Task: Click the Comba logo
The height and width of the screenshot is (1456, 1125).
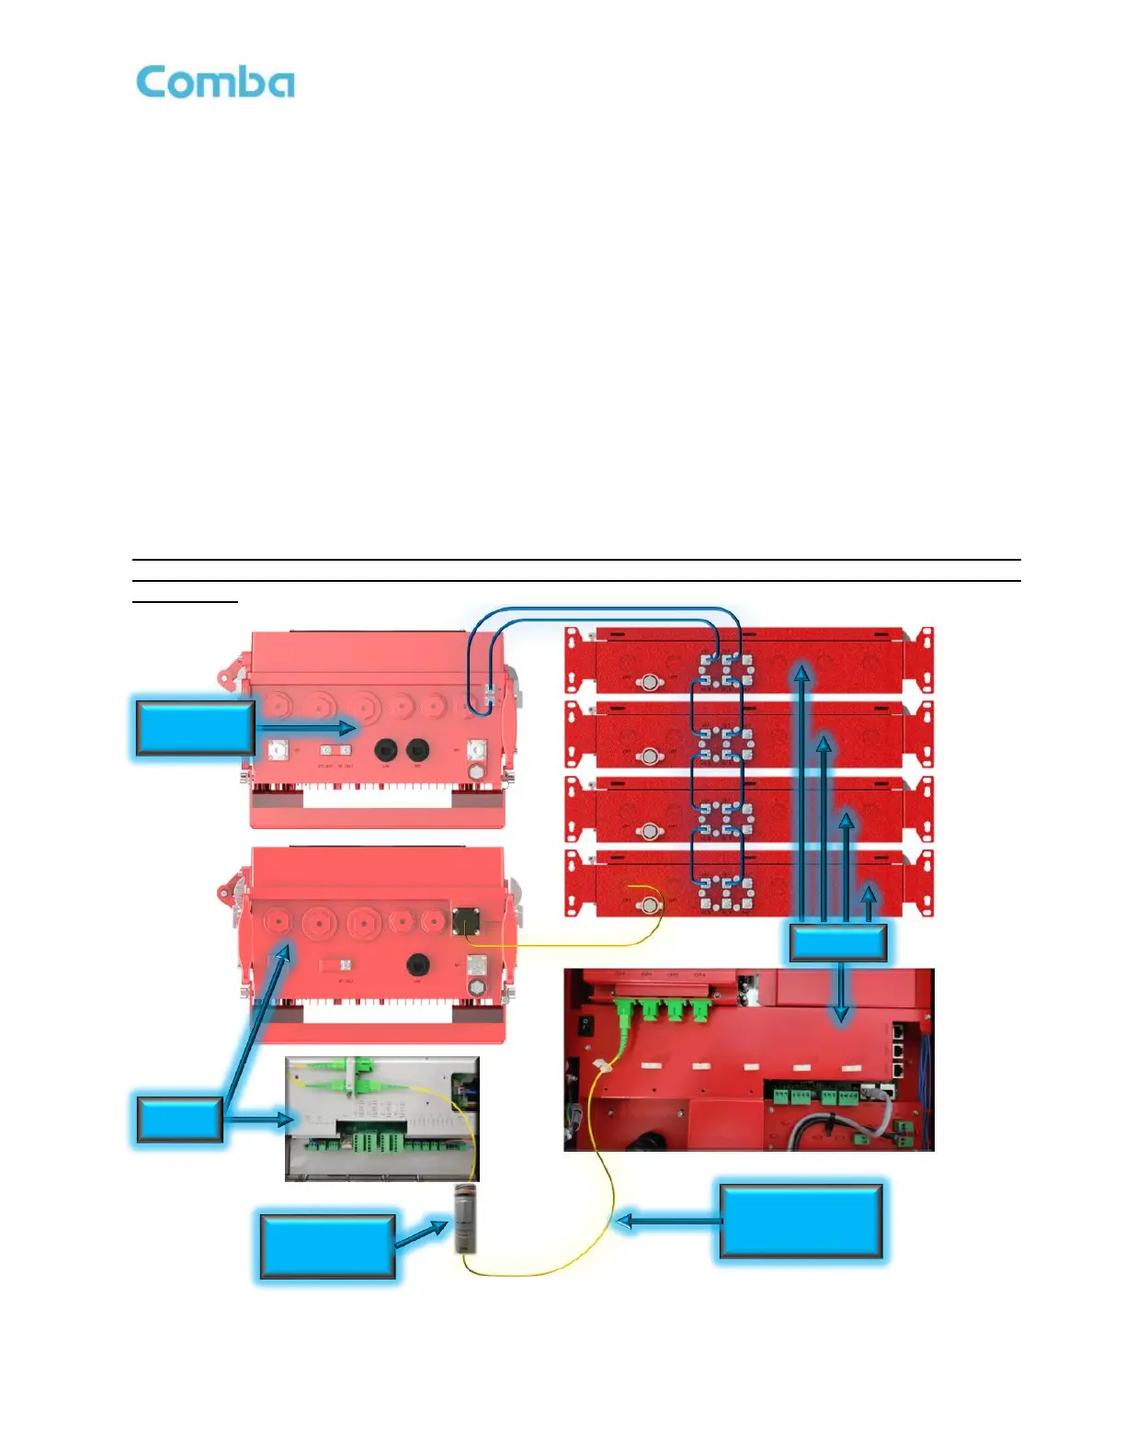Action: [x=215, y=83]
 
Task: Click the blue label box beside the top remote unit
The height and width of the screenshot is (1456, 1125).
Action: [x=195, y=728]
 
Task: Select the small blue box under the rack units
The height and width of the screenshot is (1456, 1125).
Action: [x=838, y=943]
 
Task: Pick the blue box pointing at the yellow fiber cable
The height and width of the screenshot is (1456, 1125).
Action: [x=801, y=1221]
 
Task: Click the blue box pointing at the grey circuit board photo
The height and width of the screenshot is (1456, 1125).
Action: [x=180, y=1119]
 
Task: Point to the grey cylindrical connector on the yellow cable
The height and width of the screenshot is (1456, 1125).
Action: [x=466, y=1218]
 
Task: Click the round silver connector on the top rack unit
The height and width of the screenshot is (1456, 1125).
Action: [x=651, y=681]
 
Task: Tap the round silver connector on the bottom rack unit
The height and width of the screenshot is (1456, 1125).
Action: [x=651, y=904]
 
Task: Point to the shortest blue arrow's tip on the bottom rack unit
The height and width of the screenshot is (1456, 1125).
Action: [x=869, y=892]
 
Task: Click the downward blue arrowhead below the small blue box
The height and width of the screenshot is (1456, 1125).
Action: [x=840, y=1016]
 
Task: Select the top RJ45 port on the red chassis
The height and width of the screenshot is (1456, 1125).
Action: [x=898, y=1032]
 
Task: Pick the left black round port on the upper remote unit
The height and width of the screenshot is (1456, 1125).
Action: [x=386, y=750]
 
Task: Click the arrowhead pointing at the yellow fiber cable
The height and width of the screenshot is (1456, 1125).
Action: [x=622, y=1222]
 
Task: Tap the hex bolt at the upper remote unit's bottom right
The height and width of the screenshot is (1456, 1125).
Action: [x=476, y=772]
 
